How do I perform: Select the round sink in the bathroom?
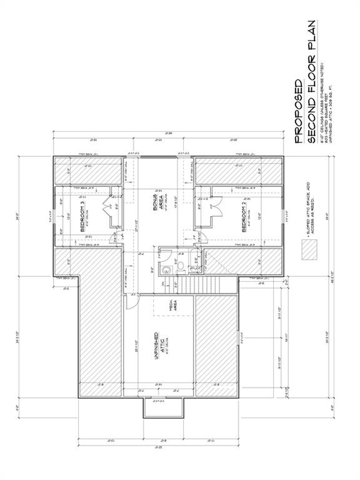(167, 270)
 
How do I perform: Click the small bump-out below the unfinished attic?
(164, 407)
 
